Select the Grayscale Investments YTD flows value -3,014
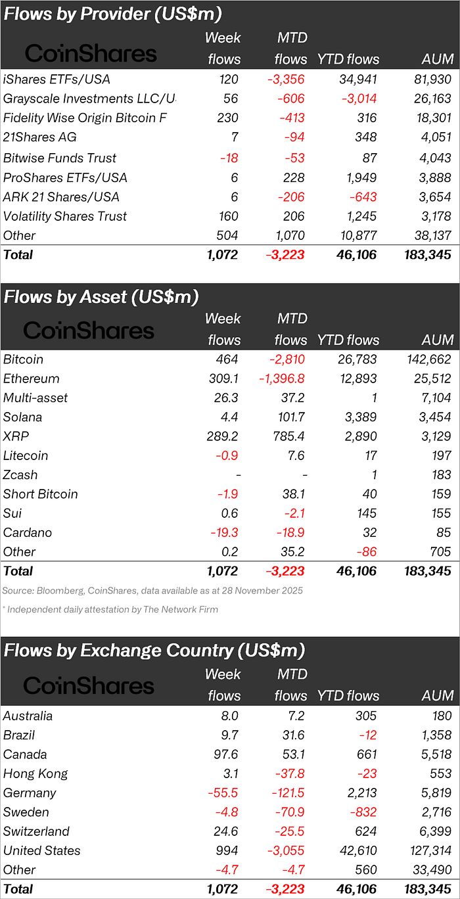pos(357,99)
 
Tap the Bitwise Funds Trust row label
pos(60,158)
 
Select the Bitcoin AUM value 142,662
pos(426,359)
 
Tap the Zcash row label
pos(20,474)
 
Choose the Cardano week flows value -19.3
pos(223,532)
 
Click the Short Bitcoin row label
pos(41,494)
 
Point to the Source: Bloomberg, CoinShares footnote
pos(152,590)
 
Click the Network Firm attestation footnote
pos(110,609)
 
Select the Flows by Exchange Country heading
pos(154,651)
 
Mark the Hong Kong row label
pos(35,773)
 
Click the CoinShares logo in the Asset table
pos(89,330)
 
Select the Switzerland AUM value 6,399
pos(434,831)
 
